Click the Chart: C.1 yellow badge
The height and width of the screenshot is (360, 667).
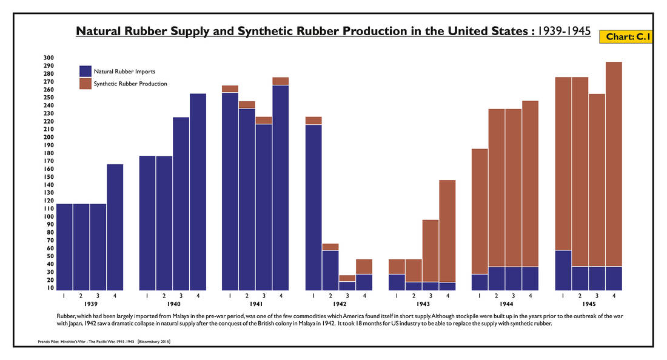pyautogui.click(x=628, y=37)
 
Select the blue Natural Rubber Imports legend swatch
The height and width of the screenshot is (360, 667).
pyautogui.click(x=85, y=71)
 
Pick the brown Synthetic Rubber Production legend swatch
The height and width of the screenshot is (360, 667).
pyautogui.click(x=85, y=84)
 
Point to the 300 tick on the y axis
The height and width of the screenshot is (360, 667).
pyautogui.click(x=49, y=58)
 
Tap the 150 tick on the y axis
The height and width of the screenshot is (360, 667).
pyautogui.click(x=49, y=177)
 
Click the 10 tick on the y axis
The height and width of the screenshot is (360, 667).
pyautogui.click(x=49, y=288)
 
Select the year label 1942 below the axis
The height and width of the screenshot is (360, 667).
pyautogui.click(x=339, y=304)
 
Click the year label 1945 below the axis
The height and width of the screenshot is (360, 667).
pyautogui.click(x=589, y=304)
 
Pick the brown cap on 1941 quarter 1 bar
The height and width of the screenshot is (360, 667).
pyautogui.click(x=230, y=89)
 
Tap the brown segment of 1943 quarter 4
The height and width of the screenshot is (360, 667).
pyautogui.click(x=447, y=231)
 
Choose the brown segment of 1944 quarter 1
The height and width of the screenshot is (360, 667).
pyautogui.click(x=480, y=212)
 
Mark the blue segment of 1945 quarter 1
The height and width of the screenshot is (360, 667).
pyautogui.click(x=563, y=270)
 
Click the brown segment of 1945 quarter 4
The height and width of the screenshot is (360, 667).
pyautogui.click(x=614, y=164)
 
